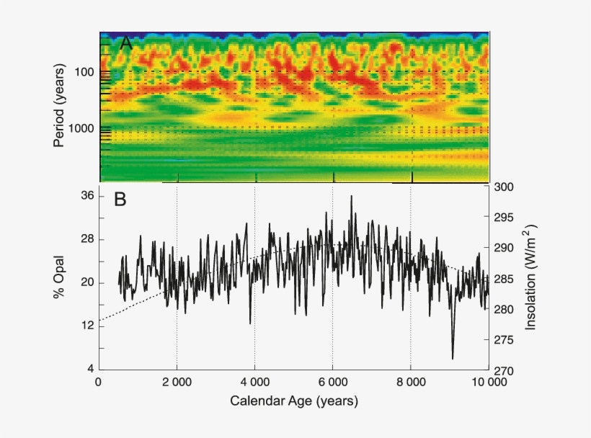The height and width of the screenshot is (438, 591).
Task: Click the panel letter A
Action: tap(126, 43)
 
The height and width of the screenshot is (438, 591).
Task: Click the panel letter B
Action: tap(120, 200)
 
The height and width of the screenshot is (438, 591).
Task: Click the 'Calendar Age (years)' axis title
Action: tap(293, 400)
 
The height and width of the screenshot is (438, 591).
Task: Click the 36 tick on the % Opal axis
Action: tap(86, 196)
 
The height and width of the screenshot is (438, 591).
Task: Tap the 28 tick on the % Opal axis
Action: tap(86, 239)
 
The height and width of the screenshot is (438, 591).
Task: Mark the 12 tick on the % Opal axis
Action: tap(86, 326)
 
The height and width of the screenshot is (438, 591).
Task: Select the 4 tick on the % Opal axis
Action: tap(89, 370)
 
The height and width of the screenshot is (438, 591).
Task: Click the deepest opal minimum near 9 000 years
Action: tap(453, 358)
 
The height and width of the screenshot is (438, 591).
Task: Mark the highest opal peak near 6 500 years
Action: tap(352, 196)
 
